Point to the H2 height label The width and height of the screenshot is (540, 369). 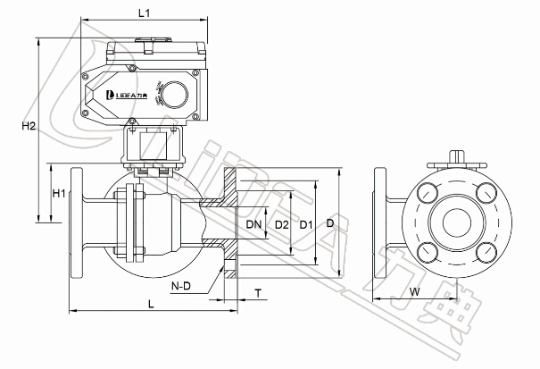28,127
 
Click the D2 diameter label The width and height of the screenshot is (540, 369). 281,222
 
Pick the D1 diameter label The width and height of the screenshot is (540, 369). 305,222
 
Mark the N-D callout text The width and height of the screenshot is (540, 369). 181,287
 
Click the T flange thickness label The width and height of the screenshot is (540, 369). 257,293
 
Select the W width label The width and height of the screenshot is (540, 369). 416,291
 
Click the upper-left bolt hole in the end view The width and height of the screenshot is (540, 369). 427,191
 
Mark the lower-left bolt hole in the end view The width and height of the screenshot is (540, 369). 427,249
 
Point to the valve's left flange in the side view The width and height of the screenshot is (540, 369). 77,221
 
